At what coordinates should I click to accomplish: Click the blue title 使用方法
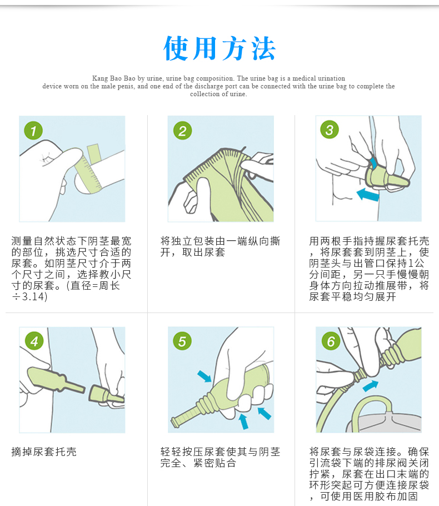click(219, 48)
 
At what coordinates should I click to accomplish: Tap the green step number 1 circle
click(33, 130)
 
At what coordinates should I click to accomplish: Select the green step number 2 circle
click(182, 130)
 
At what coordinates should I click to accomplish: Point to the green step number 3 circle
click(330, 130)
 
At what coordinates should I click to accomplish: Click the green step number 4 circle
click(34, 341)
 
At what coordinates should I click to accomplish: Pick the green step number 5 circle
click(182, 341)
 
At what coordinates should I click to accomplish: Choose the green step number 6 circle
click(331, 341)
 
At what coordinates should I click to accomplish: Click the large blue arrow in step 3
click(368, 194)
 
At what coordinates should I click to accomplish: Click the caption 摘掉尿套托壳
click(44, 452)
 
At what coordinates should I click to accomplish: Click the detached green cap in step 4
click(106, 396)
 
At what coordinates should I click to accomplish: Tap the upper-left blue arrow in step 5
click(204, 376)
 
